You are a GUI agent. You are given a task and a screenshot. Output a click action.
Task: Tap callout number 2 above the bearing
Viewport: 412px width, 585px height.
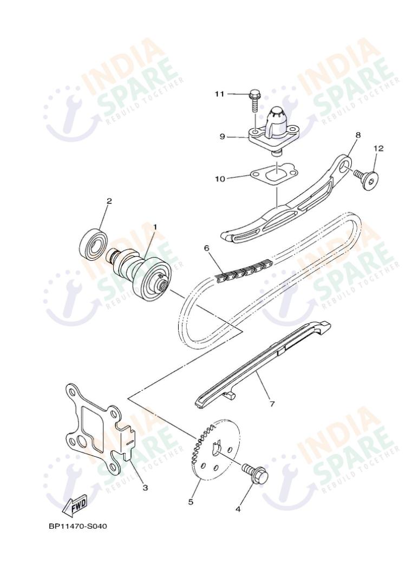click(x=109, y=201)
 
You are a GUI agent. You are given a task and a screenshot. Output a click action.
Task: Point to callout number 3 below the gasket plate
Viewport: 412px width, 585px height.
click(x=145, y=488)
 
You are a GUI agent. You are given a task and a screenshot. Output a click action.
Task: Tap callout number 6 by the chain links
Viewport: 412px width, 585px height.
click(x=206, y=248)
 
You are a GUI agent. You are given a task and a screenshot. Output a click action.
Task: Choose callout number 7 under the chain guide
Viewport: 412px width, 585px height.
click(x=272, y=404)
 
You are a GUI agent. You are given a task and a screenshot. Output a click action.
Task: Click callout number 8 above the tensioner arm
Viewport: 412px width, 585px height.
click(x=358, y=134)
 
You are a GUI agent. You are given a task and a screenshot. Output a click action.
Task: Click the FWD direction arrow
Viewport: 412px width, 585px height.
click(x=74, y=506)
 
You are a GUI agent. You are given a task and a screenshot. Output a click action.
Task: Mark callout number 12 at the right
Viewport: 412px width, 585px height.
click(x=378, y=148)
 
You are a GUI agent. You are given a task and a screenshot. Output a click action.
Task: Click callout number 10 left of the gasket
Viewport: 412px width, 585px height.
click(x=220, y=178)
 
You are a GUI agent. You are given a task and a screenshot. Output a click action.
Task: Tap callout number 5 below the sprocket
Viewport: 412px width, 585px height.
click(x=191, y=502)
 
